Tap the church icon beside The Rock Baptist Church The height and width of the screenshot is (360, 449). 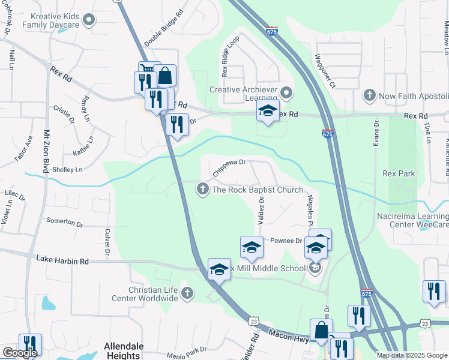coord(203,190)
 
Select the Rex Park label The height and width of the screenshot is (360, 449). coord(399,174)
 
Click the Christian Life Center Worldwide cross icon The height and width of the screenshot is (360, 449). coord(187,293)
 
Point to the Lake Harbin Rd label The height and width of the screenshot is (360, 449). coord(62,260)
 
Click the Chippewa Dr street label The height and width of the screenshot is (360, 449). coord(230,166)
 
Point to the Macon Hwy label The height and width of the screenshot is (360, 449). coord(289,335)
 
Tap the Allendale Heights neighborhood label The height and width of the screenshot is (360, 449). coord(124,350)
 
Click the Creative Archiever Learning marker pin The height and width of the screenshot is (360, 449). coord(286,92)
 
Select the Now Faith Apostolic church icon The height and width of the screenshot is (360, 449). coord(369,95)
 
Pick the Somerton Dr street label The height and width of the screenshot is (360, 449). coord(64,221)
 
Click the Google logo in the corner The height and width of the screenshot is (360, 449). coord(19,353)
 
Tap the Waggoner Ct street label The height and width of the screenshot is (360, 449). coord(324,71)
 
